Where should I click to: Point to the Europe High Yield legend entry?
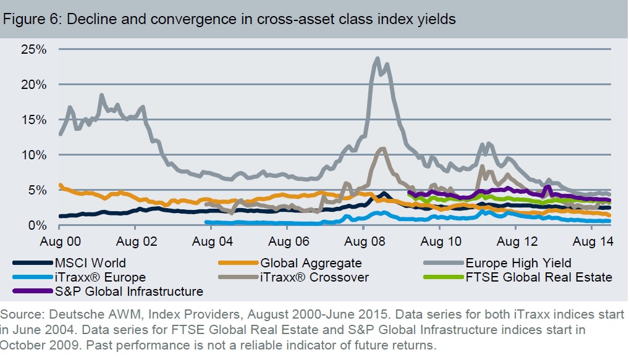518,264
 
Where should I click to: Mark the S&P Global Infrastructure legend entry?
127,291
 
